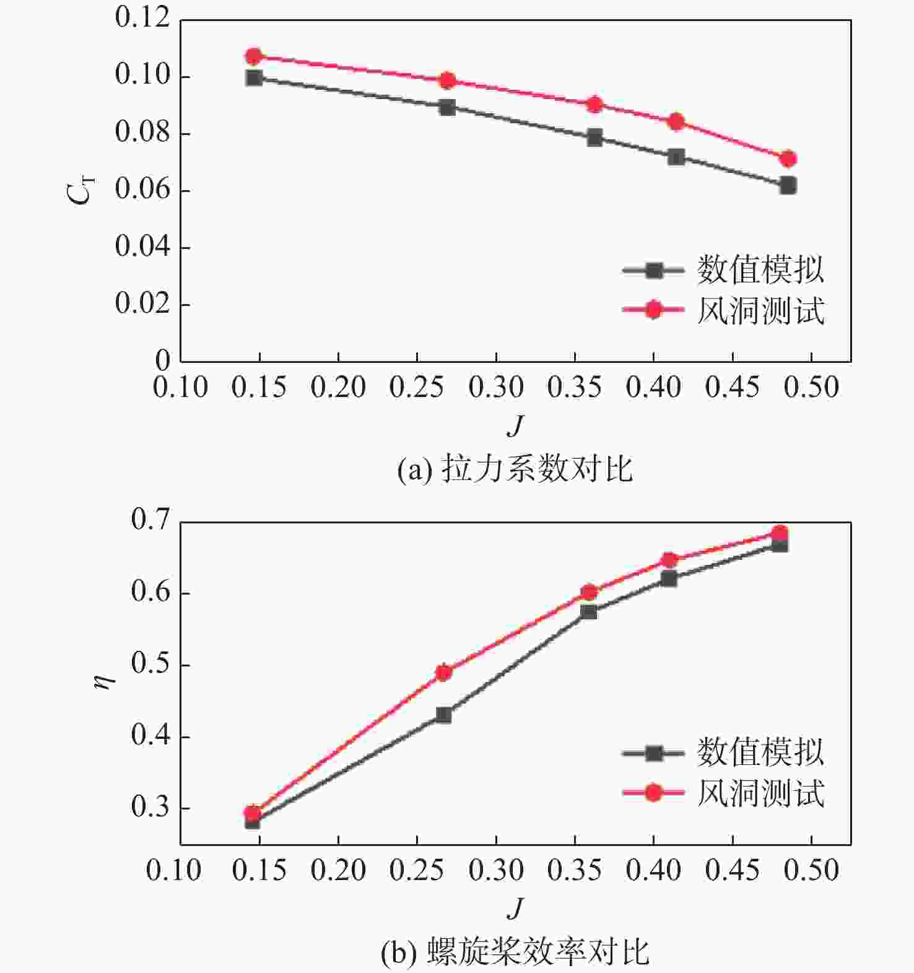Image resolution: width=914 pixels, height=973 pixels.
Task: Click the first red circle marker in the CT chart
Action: pos(253,56)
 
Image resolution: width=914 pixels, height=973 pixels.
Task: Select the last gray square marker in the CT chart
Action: pos(788,185)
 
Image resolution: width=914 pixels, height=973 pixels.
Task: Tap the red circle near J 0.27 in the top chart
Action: pos(447,81)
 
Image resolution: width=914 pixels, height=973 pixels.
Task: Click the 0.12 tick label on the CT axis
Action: pos(142,18)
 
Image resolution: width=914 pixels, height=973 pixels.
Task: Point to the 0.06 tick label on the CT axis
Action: pos(142,190)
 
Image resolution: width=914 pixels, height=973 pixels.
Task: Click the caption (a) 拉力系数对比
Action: pos(515,469)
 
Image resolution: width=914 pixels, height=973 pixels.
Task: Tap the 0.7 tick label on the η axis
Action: pos(150,520)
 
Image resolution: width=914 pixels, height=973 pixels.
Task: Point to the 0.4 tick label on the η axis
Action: pos(150,736)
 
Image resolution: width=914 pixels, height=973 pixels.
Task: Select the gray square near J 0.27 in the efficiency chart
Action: pos(443,715)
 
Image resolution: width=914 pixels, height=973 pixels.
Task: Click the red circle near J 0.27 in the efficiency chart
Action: pos(443,673)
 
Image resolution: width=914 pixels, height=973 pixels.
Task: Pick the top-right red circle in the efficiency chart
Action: pos(780,533)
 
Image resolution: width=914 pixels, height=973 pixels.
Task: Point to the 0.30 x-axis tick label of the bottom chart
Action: pos(496,870)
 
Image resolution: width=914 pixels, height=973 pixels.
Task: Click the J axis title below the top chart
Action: pos(515,425)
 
